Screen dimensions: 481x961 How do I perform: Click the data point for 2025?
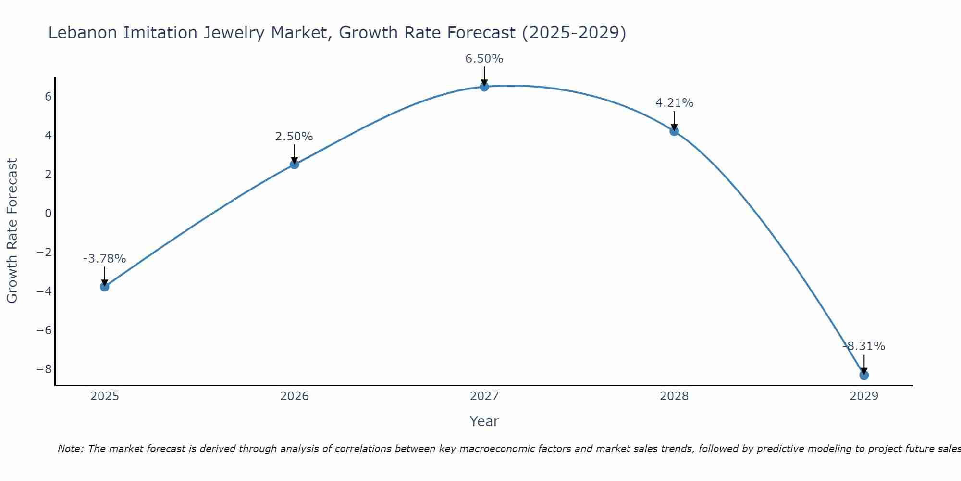pos(104,287)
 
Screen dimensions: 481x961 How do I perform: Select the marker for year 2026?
pos(294,165)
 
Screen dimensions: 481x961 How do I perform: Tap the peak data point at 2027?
pos(484,87)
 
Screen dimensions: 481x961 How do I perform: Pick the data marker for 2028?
pos(674,131)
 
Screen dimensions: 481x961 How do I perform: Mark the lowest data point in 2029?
pos(863,375)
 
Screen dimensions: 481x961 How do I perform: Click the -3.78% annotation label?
pos(104,259)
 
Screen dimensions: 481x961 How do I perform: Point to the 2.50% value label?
pos(294,137)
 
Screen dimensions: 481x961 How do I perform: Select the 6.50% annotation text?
pos(484,59)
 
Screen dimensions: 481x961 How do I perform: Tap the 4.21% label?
pos(674,103)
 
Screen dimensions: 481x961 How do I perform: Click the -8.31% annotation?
pos(863,346)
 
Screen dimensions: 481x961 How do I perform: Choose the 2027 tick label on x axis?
pos(484,396)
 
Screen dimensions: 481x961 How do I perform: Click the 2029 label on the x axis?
pos(863,396)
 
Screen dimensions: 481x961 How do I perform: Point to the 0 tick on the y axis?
pos(48,213)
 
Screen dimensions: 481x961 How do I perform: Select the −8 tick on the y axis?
pos(44,369)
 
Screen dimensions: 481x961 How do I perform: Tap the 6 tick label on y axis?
pos(48,96)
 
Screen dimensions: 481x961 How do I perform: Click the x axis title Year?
pos(484,421)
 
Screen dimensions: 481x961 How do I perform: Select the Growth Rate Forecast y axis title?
pos(12,231)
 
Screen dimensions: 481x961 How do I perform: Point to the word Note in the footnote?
pos(70,449)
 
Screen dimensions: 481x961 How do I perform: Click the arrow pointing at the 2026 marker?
pos(294,154)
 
